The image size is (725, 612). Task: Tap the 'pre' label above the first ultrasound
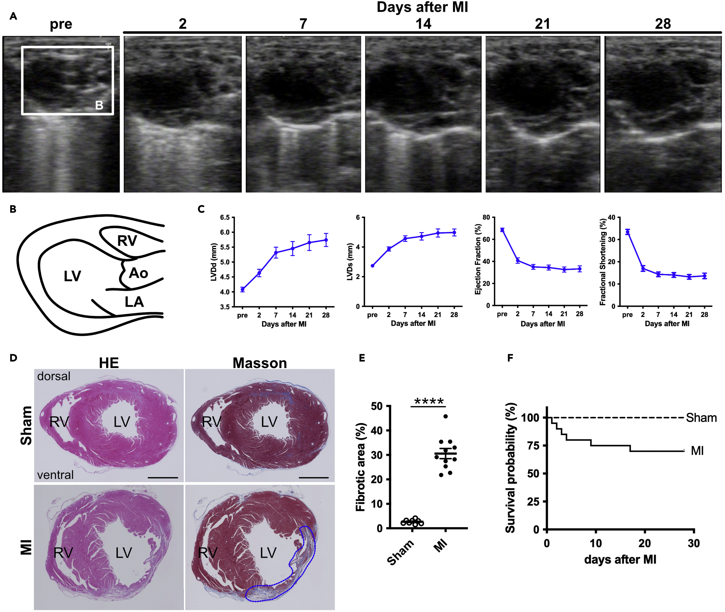point(61,24)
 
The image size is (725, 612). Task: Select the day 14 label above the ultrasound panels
point(423,24)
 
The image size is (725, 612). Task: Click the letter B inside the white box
point(99,105)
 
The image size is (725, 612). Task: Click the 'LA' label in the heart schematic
point(134,302)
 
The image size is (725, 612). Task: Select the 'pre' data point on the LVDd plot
point(243,289)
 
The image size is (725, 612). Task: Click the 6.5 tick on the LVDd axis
point(225,218)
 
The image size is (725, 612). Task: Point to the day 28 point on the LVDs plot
point(454,232)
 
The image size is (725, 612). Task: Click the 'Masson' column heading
point(260,363)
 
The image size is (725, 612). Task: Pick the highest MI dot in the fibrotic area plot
point(446,416)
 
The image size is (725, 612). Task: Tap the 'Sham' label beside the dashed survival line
point(701,418)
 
